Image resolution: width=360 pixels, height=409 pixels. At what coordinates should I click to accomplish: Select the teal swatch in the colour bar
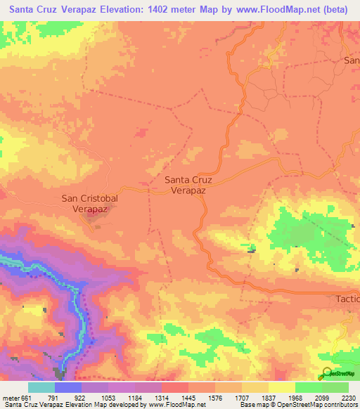pos(41,388)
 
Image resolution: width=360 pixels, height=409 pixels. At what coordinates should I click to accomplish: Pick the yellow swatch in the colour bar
pos(281,388)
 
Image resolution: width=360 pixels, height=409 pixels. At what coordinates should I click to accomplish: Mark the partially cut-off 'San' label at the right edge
pos(352,60)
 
